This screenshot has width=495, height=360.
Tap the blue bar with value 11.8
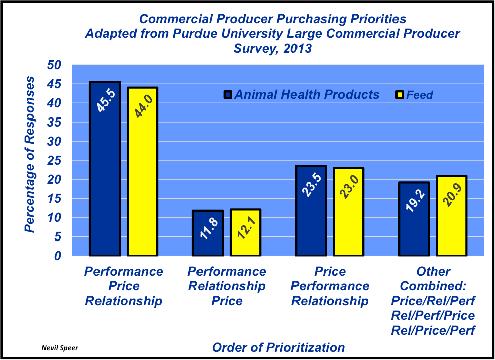pos(208,233)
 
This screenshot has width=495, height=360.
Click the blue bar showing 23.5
pos(311,211)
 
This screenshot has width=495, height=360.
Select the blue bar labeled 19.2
pos(414,219)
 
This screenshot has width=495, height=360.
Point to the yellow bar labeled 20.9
pos(451,216)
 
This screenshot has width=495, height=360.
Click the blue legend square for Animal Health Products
pos(228,95)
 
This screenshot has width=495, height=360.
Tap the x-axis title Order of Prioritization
pos(278,347)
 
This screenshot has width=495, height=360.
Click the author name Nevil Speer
pos(59,347)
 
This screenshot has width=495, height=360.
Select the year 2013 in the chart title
pos(296,49)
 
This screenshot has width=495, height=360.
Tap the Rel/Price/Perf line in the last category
pos(434,330)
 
